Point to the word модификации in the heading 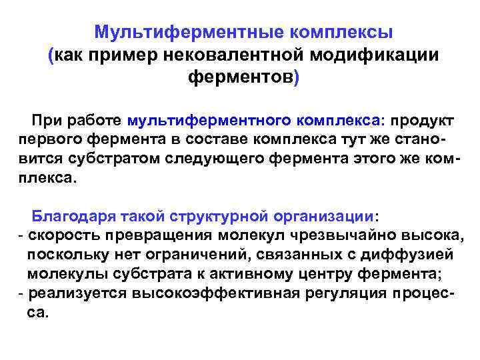[x=377, y=55]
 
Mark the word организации [x=323, y=216]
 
